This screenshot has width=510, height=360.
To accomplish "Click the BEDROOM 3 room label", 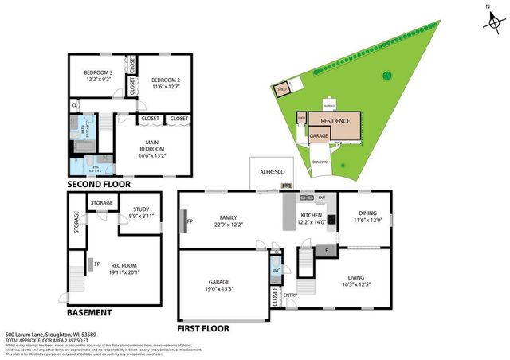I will tap(98, 76).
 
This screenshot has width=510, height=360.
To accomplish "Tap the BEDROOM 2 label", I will tap(166, 80).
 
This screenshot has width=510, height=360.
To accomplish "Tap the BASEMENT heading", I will tap(89, 313).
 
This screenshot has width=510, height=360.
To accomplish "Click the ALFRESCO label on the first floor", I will tap(273, 170).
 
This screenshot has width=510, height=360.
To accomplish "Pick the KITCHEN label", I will tap(312, 218).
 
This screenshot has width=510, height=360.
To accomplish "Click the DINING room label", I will tap(367, 213).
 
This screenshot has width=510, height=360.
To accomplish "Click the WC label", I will tap(276, 270).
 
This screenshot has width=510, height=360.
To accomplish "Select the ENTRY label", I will tap(290, 295).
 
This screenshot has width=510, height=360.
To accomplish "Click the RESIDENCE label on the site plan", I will tap(335, 120).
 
